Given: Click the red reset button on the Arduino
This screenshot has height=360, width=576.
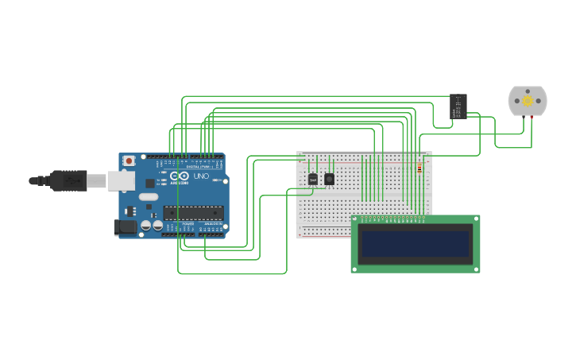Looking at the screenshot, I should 129,161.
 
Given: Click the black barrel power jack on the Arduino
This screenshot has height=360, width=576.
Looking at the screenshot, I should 125,226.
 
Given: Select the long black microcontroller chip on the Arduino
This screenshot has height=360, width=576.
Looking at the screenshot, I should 193,212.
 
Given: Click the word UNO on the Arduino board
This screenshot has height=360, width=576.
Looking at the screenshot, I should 201,176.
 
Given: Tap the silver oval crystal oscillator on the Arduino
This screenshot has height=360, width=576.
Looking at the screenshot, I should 148,196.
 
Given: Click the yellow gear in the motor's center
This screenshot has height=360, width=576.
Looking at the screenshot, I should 528,101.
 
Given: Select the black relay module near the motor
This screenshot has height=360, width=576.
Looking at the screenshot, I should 458,106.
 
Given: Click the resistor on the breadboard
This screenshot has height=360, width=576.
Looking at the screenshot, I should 419,168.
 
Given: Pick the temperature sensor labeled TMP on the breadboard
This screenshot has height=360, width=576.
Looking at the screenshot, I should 312,180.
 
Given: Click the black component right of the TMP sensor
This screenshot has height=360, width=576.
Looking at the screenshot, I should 329,179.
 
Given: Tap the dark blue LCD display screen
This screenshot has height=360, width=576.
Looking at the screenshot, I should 416,244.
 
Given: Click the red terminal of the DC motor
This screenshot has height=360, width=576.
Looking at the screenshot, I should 532,118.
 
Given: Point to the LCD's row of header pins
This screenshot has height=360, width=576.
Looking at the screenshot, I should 393,218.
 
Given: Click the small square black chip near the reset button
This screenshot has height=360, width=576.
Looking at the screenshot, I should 149,182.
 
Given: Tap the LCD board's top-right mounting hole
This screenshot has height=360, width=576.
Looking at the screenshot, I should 475,219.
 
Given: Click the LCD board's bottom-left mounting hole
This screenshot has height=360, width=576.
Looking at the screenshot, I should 355,268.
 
